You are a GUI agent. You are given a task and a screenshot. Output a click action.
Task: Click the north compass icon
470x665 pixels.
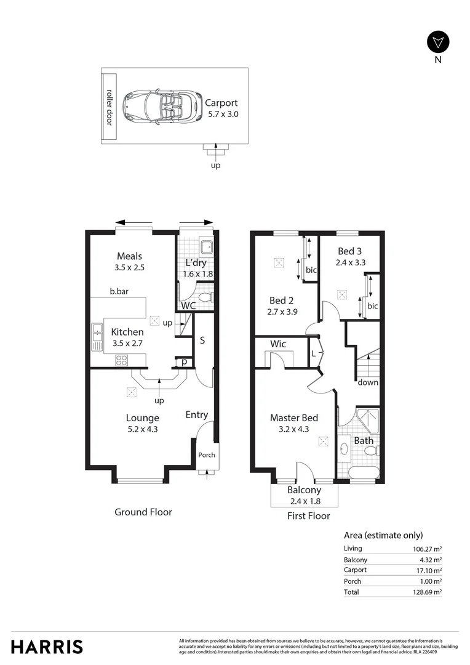(x=438, y=42)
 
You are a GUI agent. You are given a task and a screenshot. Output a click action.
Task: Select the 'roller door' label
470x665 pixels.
(x=110, y=107)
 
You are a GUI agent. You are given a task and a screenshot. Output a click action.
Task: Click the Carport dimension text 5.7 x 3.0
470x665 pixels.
(x=221, y=114)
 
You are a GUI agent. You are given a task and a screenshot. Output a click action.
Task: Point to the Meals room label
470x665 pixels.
(x=129, y=256)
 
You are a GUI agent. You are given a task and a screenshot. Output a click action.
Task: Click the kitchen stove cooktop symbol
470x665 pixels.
(x=121, y=361)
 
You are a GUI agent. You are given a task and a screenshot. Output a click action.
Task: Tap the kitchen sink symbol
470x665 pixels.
(x=97, y=336)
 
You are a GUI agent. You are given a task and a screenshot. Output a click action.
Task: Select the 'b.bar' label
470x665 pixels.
(x=119, y=292)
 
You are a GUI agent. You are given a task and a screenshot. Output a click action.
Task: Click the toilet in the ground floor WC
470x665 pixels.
(x=205, y=299)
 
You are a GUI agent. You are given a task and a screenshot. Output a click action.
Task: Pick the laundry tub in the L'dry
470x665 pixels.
(x=207, y=247)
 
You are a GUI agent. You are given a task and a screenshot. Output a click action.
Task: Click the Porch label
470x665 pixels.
(x=206, y=456)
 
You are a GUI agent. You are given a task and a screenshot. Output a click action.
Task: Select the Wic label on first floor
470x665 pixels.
(x=279, y=344)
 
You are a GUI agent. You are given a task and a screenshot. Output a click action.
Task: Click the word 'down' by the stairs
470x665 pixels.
(x=368, y=382)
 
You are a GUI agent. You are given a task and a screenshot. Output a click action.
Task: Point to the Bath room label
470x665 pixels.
(x=364, y=441)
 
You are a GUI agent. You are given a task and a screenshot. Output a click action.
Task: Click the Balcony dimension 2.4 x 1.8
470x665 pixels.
(x=304, y=501)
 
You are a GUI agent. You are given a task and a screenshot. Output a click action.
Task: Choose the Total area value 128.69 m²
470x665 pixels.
(x=429, y=592)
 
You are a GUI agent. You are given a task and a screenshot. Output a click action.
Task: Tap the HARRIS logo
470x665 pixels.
(x=47, y=647)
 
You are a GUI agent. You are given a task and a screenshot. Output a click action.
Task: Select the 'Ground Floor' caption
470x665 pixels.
(x=143, y=512)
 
